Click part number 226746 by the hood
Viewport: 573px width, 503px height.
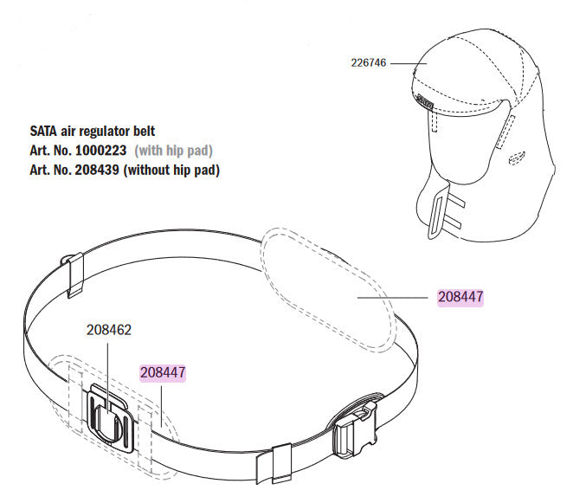pyautogui.click(x=369, y=62)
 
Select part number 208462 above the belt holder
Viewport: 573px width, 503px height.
pyautogui.click(x=109, y=330)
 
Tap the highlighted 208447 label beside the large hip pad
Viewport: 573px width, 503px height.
pyautogui.click(x=460, y=296)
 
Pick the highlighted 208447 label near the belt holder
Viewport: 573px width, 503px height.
pyautogui.click(x=163, y=372)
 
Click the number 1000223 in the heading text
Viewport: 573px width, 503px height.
pyautogui.click(x=101, y=151)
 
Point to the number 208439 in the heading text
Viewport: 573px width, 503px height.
pyautogui.click(x=97, y=170)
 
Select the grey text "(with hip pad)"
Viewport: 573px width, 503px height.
pyautogui.click(x=174, y=151)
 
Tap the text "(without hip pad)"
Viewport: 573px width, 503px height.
pyautogui.click(x=171, y=170)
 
